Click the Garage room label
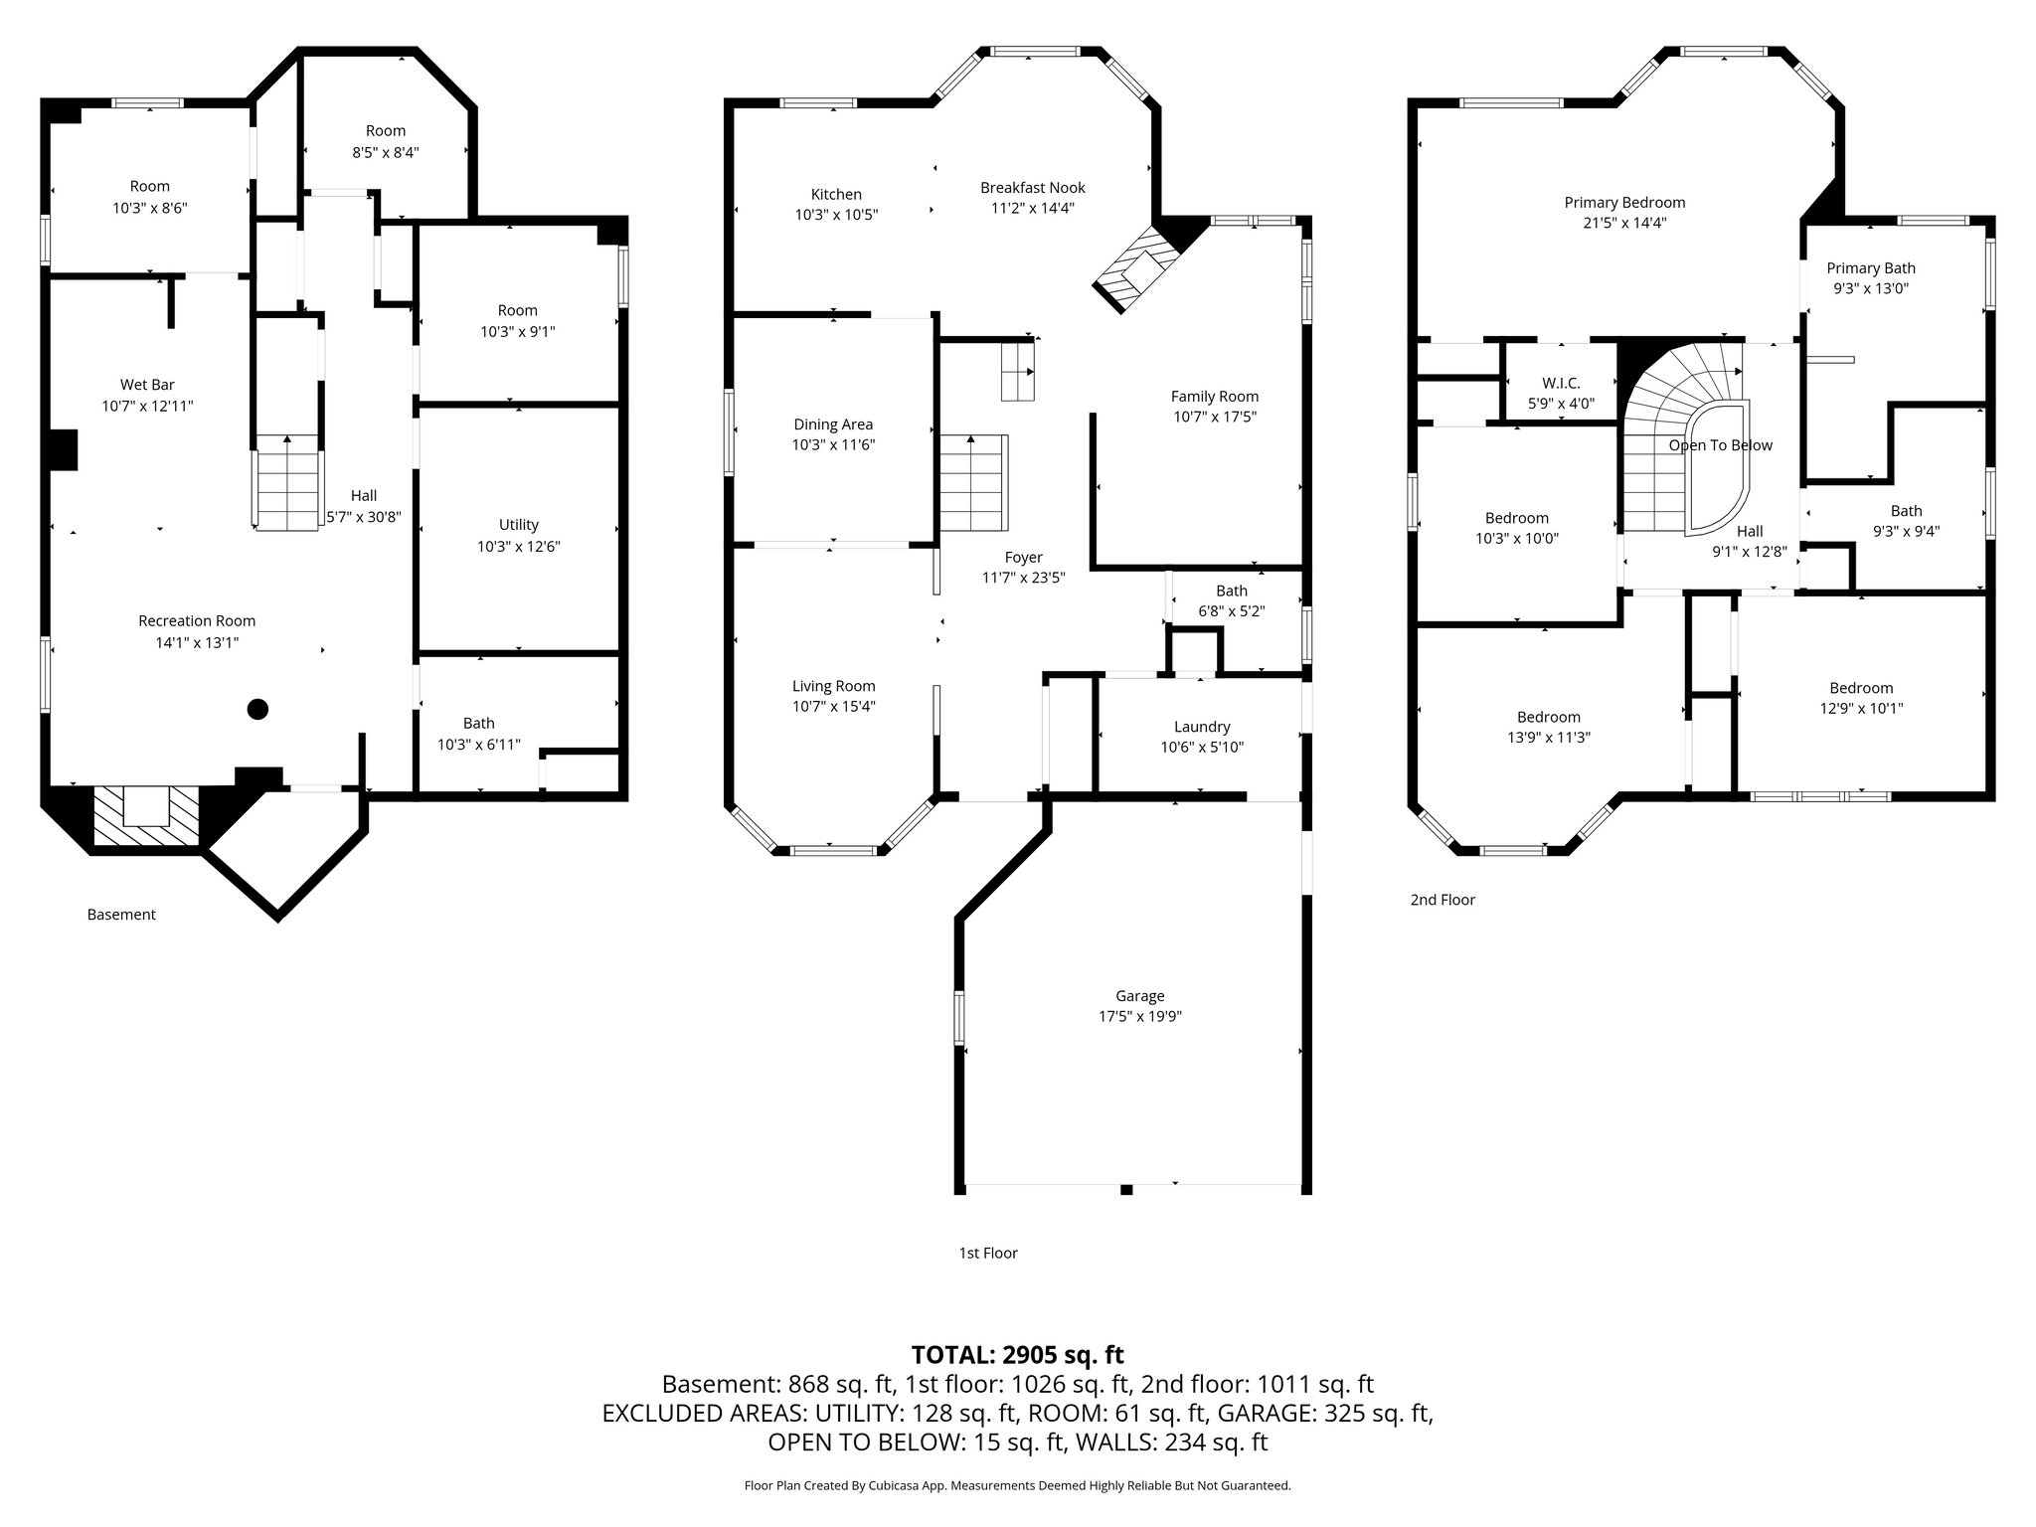(1139, 996)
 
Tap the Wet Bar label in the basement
(147, 385)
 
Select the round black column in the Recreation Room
(257, 709)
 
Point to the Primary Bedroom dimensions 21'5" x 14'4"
(1624, 224)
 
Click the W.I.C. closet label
(1561, 383)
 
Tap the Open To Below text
(1720, 445)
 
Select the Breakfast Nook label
(1032, 188)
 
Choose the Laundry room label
(1202, 727)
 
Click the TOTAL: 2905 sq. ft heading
(1017, 1354)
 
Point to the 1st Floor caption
(987, 1253)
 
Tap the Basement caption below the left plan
(121, 915)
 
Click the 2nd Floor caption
(1442, 900)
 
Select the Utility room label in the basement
(518, 525)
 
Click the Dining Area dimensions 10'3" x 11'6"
(833, 445)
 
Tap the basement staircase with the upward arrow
(288, 485)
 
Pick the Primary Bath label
(1870, 268)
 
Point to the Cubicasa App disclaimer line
(1017, 1486)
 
